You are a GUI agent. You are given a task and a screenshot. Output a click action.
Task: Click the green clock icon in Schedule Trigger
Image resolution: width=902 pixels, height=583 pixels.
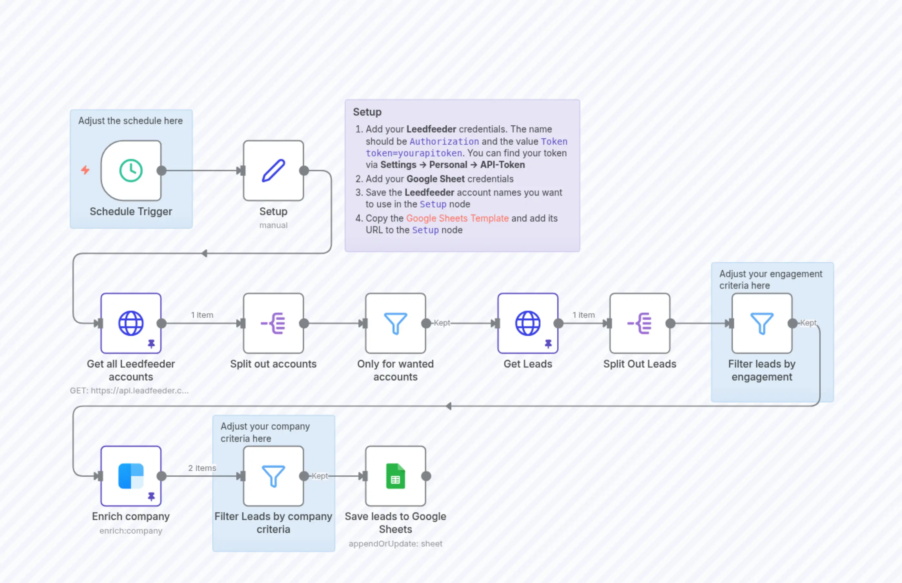(131, 171)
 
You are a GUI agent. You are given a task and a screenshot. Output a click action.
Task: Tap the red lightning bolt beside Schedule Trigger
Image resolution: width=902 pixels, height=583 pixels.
(86, 170)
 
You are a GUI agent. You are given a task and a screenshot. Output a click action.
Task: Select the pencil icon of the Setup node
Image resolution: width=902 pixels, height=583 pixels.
(273, 171)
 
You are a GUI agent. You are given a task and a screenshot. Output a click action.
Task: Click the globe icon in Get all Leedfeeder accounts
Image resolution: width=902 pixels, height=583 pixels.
(131, 323)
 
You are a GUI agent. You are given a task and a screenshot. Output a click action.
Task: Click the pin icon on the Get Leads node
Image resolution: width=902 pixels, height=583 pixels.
(548, 344)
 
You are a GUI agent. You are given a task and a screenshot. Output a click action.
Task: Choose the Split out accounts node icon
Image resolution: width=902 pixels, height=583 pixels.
(273, 323)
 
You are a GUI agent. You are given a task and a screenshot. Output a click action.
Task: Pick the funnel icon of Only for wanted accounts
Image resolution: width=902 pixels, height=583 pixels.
(395, 323)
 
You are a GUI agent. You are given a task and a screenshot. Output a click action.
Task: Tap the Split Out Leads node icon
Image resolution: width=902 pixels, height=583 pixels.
(640, 323)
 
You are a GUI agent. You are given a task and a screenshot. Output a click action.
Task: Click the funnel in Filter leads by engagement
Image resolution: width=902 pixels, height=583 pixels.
(762, 323)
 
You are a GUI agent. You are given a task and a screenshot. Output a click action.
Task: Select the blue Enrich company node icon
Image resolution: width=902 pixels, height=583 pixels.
(131, 476)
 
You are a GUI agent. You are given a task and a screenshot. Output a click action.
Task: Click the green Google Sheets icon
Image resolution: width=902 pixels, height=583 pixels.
(395, 476)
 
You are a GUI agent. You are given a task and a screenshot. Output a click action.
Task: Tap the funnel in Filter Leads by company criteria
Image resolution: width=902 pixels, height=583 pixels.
(273, 476)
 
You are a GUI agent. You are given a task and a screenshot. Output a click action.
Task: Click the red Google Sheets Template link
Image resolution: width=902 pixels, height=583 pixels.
(457, 218)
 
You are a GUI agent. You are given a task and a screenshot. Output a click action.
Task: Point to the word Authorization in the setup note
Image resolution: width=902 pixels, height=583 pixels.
(444, 141)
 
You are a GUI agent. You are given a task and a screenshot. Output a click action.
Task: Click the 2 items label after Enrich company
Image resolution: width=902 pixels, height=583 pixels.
(202, 468)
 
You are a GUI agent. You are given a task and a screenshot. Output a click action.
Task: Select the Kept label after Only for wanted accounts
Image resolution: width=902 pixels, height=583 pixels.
(442, 323)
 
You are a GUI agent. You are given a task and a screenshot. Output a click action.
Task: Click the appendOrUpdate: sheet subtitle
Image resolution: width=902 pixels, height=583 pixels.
(395, 544)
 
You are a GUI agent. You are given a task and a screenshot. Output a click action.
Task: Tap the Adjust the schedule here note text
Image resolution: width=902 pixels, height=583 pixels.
(130, 121)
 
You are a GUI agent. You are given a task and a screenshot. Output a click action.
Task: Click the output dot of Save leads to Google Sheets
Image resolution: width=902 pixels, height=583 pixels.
(426, 476)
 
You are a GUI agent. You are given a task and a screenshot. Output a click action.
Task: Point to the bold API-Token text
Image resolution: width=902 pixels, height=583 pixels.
(502, 165)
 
